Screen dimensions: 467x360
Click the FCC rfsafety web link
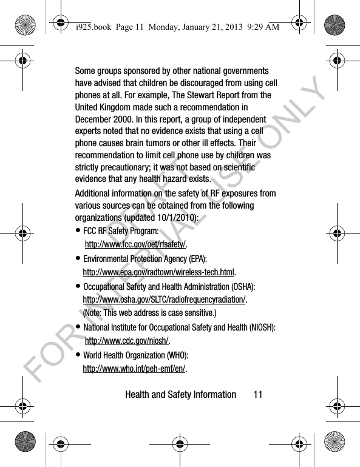click(x=135, y=244)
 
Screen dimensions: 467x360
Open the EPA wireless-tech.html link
click(x=158, y=272)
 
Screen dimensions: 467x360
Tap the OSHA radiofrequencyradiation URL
click(x=164, y=299)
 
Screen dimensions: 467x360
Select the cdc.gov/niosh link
click(x=127, y=341)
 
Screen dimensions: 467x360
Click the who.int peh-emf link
click(x=134, y=368)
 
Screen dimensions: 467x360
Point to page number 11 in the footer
click(x=258, y=395)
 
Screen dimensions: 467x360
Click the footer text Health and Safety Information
click(x=180, y=395)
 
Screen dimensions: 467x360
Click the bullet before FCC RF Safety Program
click(x=78, y=231)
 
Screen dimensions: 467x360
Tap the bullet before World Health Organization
click(x=78, y=355)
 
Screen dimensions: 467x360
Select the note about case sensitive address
click(x=149, y=313)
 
